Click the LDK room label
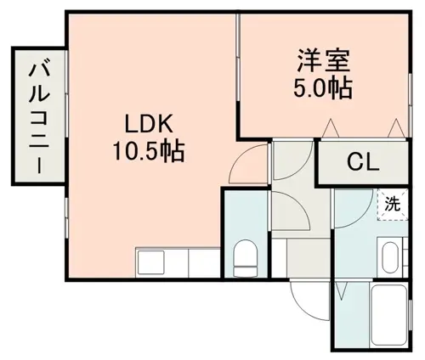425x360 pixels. (149, 125)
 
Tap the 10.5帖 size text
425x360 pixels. (149, 151)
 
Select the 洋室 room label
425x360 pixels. (323, 60)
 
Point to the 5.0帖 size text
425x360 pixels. (323, 87)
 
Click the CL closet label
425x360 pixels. (363, 162)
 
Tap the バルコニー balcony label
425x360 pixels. (39, 119)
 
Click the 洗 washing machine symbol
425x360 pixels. (393, 205)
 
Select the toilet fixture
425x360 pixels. (246, 258)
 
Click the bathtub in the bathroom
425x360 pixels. (389, 314)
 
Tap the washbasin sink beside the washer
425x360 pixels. (390, 257)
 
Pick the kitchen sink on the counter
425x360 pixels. (151, 262)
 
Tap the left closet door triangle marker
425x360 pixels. (331, 128)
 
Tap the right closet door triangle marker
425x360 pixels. (396, 128)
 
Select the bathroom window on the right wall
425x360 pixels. (410, 314)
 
